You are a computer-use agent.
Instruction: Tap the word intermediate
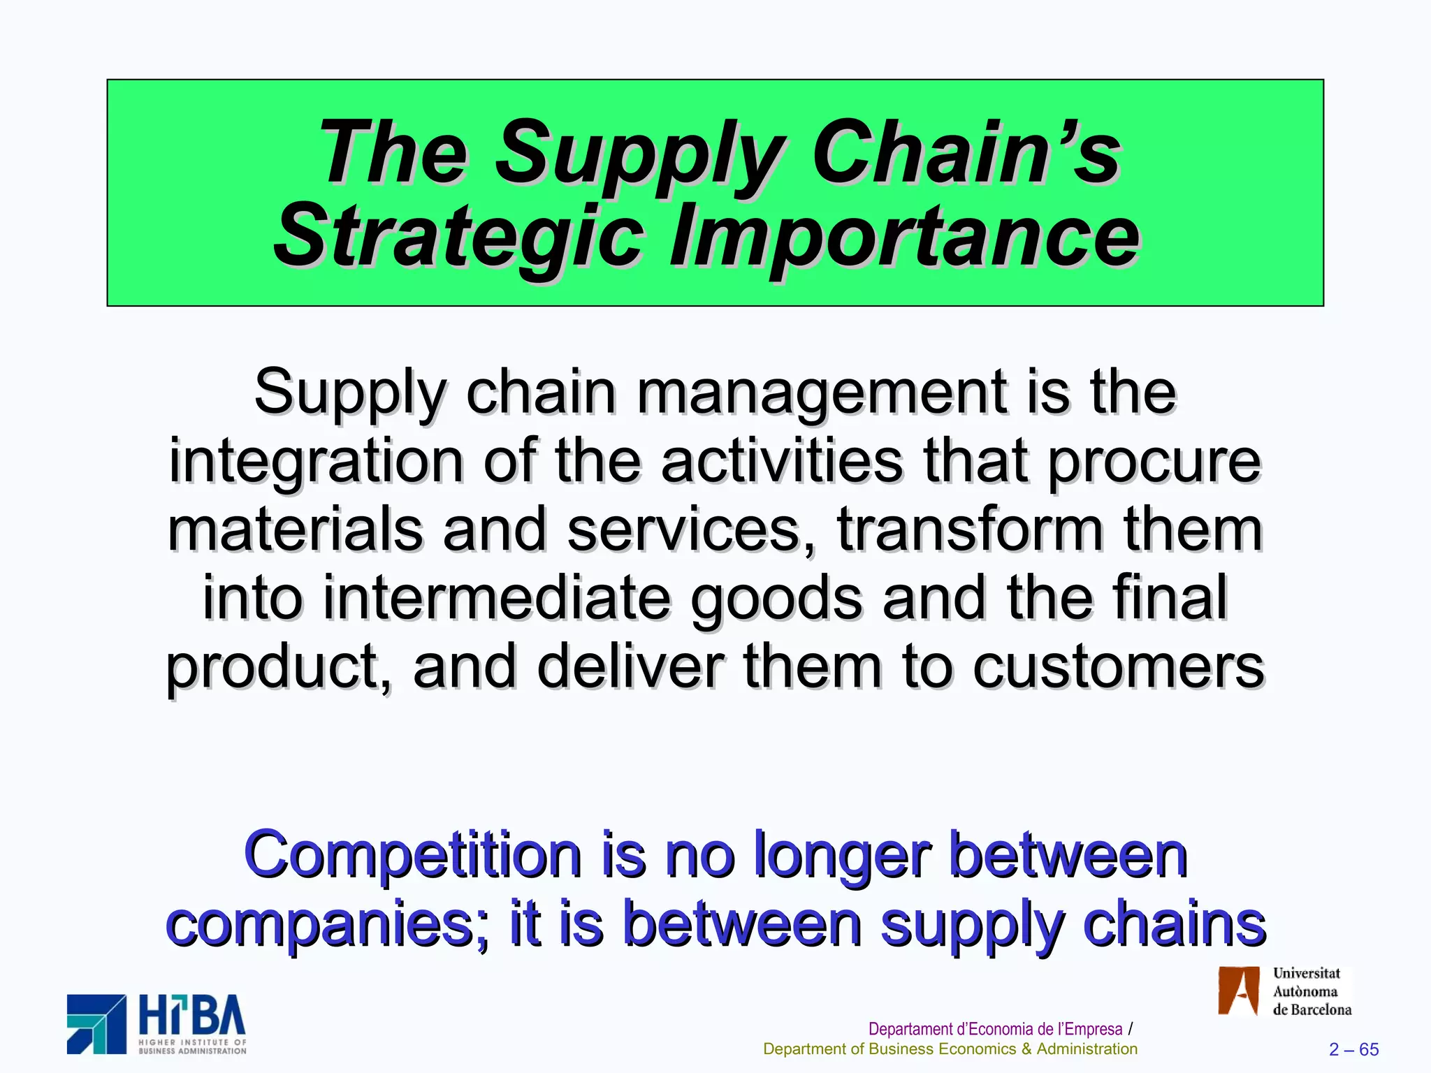[x=496, y=598]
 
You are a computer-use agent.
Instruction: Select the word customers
[x=1118, y=666]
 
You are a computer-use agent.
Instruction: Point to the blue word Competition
[x=412, y=855]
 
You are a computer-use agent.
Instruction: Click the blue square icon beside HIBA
[x=96, y=1024]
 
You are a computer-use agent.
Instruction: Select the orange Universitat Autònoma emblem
[x=1239, y=991]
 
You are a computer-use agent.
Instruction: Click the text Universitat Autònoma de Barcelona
[x=1311, y=991]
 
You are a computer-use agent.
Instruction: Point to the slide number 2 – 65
[x=1353, y=1049]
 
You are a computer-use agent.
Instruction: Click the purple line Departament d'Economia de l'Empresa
[x=995, y=1029]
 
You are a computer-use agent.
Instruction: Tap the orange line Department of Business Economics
[x=950, y=1049]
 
